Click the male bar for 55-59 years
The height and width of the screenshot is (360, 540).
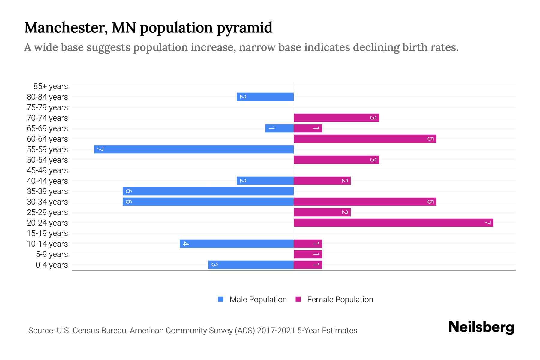coord(194,149)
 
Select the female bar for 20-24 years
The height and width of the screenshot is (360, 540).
coord(393,223)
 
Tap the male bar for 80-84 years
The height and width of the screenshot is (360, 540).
coord(265,97)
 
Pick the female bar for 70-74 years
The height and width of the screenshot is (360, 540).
coord(336,118)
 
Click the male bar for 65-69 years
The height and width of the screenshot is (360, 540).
coord(279,128)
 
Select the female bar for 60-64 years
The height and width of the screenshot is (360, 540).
coord(365,139)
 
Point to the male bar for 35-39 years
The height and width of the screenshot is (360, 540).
coord(208,191)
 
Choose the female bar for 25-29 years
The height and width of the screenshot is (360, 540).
coord(322,212)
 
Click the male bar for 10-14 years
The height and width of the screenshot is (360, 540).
coord(237,244)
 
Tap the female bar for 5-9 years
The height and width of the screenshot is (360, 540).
coord(308,254)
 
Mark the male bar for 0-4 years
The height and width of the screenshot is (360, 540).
coord(251,265)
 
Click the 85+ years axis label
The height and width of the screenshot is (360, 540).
coord(51,86)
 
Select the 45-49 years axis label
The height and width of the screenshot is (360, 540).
coord(47,170)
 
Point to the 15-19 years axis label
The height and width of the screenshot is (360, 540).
coord(47,233)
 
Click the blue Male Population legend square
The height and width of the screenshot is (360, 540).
coord(221,299)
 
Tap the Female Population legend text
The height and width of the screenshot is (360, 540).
coord(340,300)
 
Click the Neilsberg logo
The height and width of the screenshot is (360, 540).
coord(481,327)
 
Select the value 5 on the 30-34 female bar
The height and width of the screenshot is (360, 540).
coord(430,202)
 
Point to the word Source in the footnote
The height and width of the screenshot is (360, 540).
coord(41,331)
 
